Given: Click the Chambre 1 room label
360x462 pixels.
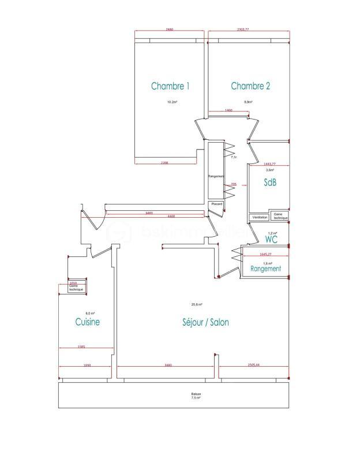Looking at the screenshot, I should tap(170, 86).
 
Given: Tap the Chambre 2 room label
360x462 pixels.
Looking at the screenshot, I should tap(250, 86).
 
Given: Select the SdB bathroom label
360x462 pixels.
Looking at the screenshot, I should tap(269, 182).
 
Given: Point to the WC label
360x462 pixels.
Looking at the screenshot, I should tap(272, 239).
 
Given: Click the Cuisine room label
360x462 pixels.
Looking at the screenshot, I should tap(87, 322).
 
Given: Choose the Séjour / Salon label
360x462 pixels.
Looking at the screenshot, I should tap(202, 322).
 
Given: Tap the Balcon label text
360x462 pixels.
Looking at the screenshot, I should tap(196, 394).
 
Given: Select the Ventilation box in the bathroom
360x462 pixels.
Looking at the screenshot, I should tap(260, 217).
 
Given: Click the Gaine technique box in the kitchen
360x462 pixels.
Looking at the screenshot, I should tap(76, 287).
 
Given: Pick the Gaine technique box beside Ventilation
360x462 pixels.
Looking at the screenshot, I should tap(280, 216).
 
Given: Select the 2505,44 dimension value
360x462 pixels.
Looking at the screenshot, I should tap(254, 365).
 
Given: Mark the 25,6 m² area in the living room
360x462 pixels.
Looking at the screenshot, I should tap(197, 304).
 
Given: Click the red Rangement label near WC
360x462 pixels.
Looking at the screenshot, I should tap(265, 269).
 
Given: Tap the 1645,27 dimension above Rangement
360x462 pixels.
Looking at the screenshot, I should tap(265, 254).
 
